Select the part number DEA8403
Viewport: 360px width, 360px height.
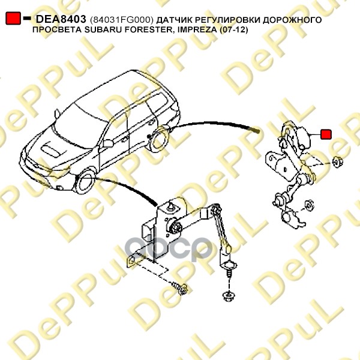62,20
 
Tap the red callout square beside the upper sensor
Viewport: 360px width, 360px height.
326,134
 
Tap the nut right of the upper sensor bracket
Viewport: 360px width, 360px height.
336,161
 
